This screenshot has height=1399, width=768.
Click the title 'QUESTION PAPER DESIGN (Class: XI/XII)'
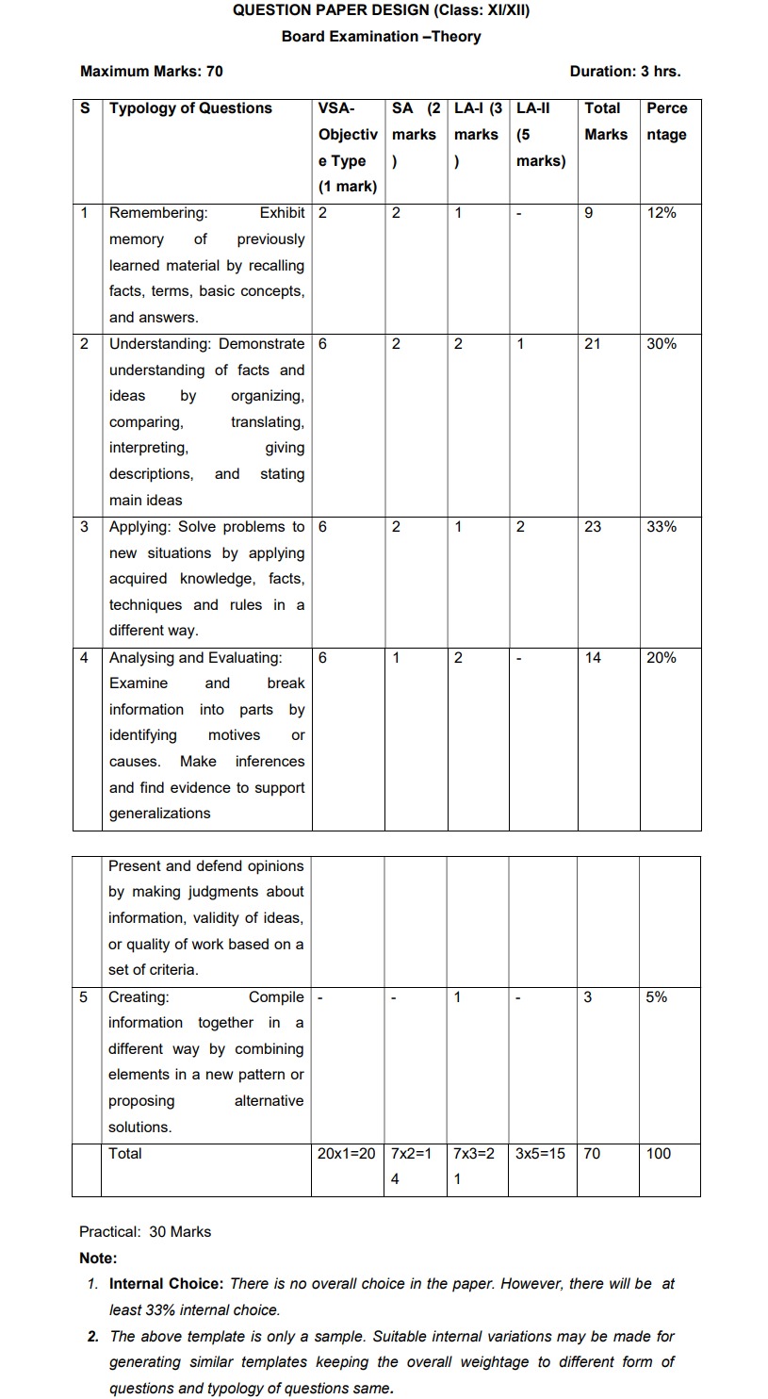[x=386, y=10]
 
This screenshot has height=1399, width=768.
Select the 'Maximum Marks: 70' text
[x=152, y=71]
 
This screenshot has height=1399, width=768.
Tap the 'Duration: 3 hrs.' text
[x=625, y=71]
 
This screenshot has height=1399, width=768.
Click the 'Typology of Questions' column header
[x=190, y=108]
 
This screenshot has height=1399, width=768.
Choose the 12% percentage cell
[x=662, y=213]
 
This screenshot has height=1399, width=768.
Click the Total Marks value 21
[x=593, y=344]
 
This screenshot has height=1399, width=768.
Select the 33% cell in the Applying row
[x=662, y=527]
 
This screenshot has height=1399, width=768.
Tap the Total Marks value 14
[x=593, y=658]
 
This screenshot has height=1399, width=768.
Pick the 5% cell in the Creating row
[x=657, y=997]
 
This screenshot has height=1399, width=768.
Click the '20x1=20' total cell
[x=347, y=1154]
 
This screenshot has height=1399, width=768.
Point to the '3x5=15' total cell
[x=540, y=1154]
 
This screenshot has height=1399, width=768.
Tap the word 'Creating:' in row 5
[x=139, y=997]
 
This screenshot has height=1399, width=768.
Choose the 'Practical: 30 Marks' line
[x=145, y=1232]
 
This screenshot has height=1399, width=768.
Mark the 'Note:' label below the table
[x=98, y=1259]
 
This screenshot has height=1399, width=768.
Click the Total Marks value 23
[x=593, y=527]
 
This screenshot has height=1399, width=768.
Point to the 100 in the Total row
[x=659, y=1154]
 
